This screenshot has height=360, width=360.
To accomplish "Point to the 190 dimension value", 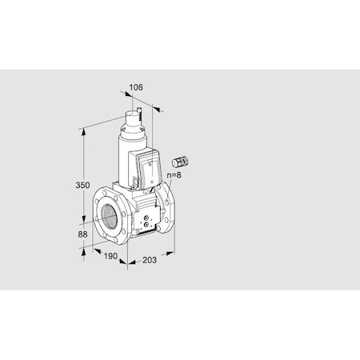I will [x=111, y=257].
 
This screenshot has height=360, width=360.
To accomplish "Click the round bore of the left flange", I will [x=109, y=215].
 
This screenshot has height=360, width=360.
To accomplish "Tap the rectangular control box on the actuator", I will [x=152, y=168].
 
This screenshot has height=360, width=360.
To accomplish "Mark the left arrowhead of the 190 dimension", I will [x=84, y=248].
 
